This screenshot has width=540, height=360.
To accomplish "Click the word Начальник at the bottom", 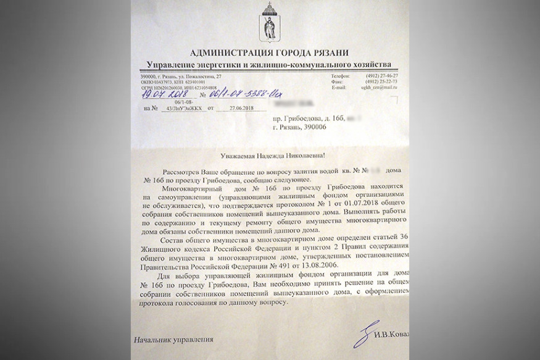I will point(155,339).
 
